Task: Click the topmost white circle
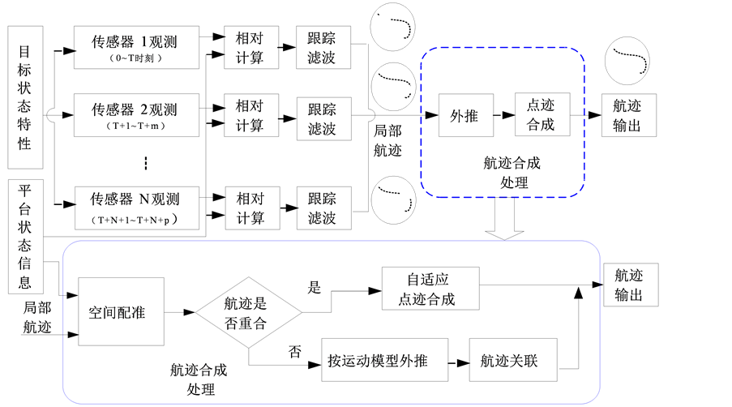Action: point(392,27)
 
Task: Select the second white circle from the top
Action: point(393,84)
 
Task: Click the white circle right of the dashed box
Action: point(627,62)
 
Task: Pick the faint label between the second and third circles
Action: point(388,139)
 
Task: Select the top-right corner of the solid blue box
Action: point(596,246)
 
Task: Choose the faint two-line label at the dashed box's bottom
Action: point(512,172)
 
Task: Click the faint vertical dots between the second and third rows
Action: point(147,163)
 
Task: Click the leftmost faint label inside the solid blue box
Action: point(116,311)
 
